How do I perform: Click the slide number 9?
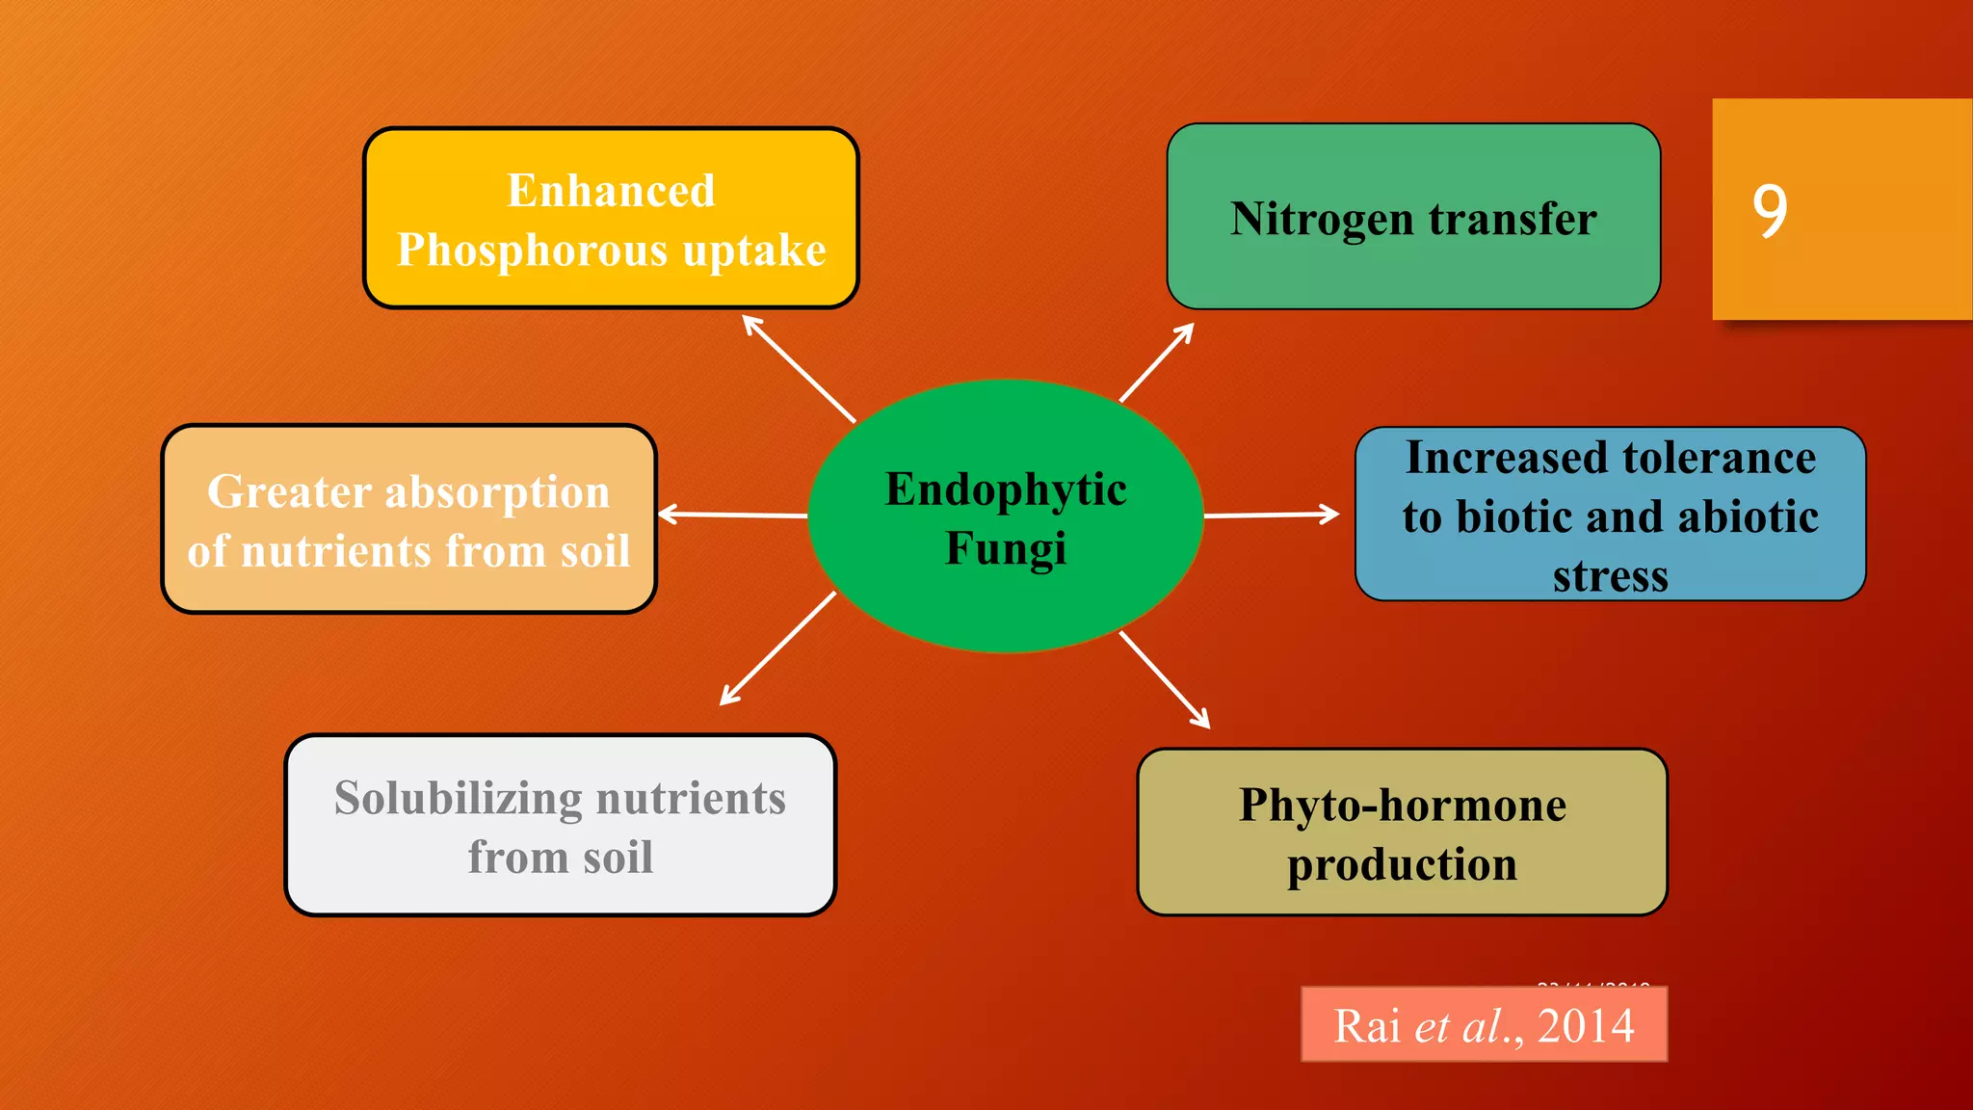click(1770, 211)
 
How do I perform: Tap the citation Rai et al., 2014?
click(1484, 1025)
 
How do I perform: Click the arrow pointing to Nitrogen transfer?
click(1156, 363)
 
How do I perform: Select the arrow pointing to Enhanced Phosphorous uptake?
click(799, 369)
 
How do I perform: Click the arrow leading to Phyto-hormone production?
click(1164, 679)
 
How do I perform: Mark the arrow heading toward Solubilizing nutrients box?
click(778, 648)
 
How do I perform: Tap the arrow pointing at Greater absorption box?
click(732, 515)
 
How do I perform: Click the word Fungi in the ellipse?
click(1006, 549)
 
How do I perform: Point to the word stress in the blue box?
click(1610, 576)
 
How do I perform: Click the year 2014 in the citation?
click(1586, 1025)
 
